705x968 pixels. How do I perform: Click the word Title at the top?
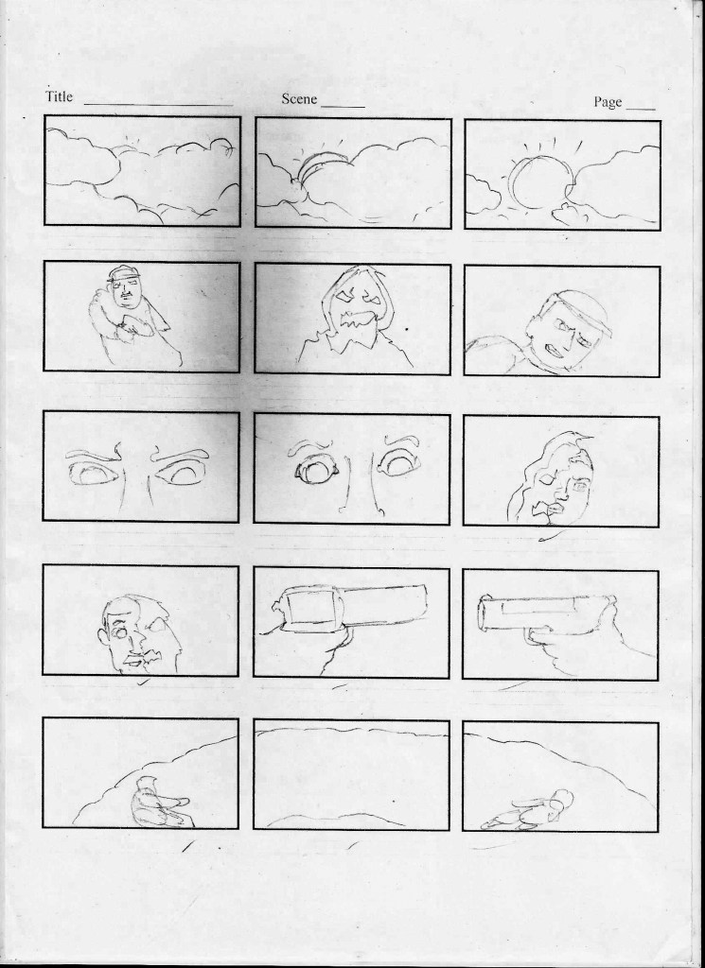coord(59,97)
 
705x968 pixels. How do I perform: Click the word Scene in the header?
coord(299,98)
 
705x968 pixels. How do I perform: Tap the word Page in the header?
coord(608,102)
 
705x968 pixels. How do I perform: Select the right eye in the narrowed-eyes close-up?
coord(183,473)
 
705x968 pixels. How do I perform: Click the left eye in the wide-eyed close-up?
coord(316,472)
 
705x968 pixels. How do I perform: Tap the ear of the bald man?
coord(104,637)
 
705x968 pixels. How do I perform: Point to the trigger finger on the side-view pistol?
coord(538,630)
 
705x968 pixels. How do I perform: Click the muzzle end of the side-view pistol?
coord(483,614)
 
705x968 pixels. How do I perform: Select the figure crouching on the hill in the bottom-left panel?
coord(158,803)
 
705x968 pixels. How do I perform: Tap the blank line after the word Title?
coord(158,104)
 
